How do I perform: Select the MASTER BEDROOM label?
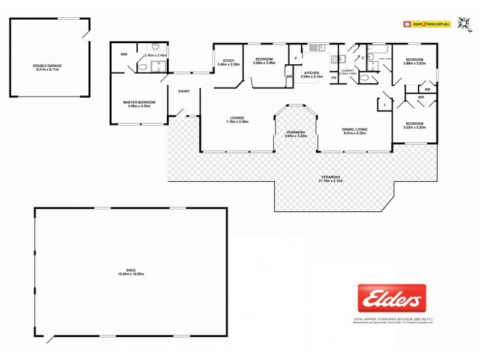139,102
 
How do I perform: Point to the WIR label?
124,55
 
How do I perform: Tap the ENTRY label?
184,91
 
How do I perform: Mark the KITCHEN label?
311,73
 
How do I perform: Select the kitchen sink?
316,47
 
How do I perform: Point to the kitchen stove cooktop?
335,59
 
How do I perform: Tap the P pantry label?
295,58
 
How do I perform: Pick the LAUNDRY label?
349,71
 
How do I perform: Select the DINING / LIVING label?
354,130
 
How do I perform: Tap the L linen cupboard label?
384,105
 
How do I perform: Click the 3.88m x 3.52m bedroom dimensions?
415,63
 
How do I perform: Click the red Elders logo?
392,298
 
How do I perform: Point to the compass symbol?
463,23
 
